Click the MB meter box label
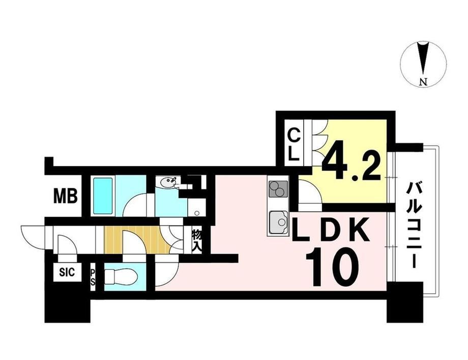click(x=66, y=196)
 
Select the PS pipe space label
click(x=93, y=277)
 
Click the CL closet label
click(x=294, y=144)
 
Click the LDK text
click(x=331, y=230)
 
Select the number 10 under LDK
click(x=332, y=268)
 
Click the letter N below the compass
click(x=423, y=82)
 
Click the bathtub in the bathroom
click(x=103, y=196)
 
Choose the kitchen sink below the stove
click(x=278, y=223)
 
